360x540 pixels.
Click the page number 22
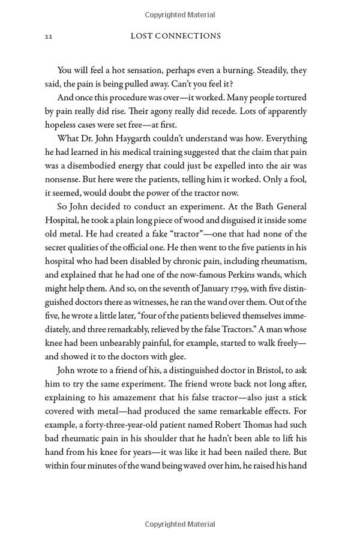(x=49, y=37)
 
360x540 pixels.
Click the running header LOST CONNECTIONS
(x=175, y=36)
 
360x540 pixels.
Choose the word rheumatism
(x=283, y=261)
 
